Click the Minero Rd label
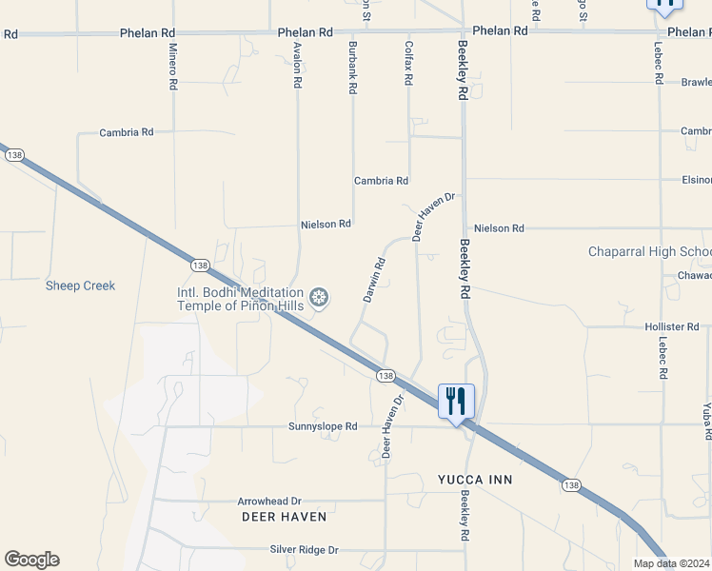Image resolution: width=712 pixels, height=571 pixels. tap(172, 67)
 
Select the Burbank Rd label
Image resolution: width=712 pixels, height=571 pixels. tap(352, 67)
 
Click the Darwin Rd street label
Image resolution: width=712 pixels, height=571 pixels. tap(374, 280)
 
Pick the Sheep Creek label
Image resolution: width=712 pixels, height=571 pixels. tap(80, 285)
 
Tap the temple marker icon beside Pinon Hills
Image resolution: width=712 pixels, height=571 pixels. tap(320, 299)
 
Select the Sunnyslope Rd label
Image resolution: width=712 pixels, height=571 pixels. tap(323, 427)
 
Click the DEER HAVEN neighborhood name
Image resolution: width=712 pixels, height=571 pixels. tap(283, 517)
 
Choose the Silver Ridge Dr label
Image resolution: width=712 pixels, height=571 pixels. tap(304, 550)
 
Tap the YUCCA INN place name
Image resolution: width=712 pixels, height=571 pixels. tap(475, 479)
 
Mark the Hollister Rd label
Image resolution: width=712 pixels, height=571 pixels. tap(672, 326)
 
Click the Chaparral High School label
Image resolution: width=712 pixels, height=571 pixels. tap(649, 252)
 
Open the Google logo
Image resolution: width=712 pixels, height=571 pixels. tap(31, 560)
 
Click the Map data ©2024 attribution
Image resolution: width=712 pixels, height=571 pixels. tap(672, 563)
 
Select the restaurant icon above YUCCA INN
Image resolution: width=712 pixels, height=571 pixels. tap(456, 400)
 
